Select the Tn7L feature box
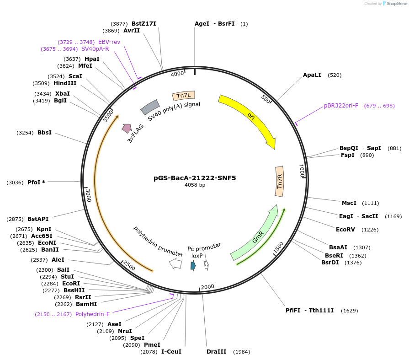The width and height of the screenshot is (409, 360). pyautogui.click(x=184, y=96)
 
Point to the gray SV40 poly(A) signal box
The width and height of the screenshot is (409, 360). pyautogui.click(x=149, y=107)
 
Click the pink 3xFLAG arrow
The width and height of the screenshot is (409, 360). pyautogui.click(x=126, y=129)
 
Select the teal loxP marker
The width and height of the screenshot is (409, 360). pyautogui.click(x=193, y=265)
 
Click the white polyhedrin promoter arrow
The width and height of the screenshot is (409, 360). pyautogui.click(x=175, y=263)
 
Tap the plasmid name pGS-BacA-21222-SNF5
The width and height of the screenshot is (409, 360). pyautogui.click(x=195, y=178)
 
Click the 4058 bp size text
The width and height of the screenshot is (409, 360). pyautogui.click(x=195, y=185)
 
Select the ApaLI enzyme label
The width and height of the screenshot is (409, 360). pyautogui.click(x=312, y=75)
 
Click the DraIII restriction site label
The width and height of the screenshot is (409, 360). pyautogui.click(x=216, y=352)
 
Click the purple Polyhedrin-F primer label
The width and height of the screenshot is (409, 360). pyautogui.click(x=92, y=314)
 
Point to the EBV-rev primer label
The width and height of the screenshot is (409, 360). pyautogui.click(x=109, y=42)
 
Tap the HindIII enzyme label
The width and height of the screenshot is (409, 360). pyautogui.click(x=65, y=83)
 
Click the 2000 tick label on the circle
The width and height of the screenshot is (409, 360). pyautogui.click(x=207, y=287)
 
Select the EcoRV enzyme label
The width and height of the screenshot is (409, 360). pyautogui.click(x=345, y=230)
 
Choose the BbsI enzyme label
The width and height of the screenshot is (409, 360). pyautogui.click(x=44, y=133)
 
